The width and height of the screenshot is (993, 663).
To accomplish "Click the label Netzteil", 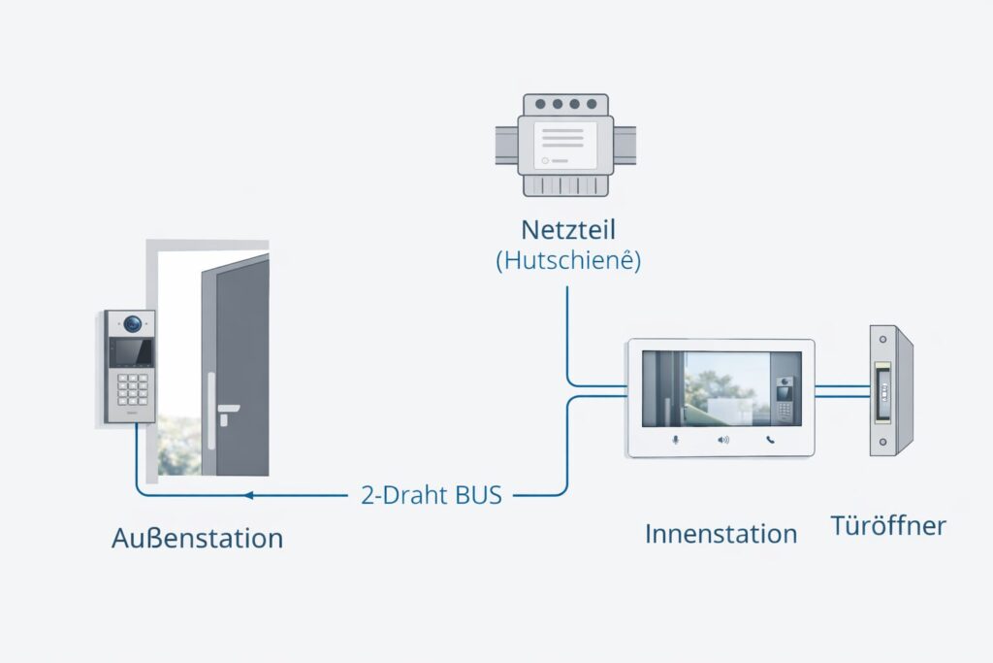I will pos(568,231).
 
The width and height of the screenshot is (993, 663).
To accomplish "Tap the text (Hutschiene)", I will pos(568,261).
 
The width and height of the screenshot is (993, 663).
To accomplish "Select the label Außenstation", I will pos(197,537).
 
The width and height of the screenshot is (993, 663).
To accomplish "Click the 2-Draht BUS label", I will pos(432,495).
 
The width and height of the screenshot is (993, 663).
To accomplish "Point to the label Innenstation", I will pos(721,533).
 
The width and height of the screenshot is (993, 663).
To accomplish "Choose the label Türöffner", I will pos(887,526).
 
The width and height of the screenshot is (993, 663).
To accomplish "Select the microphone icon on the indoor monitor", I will pos(676,440).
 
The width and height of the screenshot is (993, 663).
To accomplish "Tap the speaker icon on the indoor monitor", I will pos(722,440).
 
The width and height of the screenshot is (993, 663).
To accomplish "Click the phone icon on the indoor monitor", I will pos(770,440).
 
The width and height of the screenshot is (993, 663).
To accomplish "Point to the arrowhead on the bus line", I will pos(248,495).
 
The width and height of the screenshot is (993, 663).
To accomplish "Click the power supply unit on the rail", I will pos(565,145).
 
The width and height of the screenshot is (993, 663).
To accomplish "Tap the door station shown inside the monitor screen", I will pos(784,398).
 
